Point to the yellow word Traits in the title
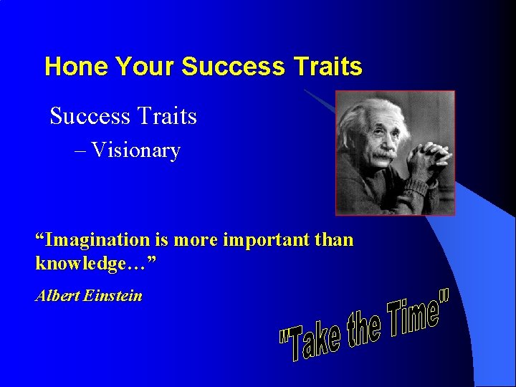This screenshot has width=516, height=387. point(328,67)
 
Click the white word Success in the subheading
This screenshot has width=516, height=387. point(87,115)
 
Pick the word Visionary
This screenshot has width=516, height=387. point(135,150)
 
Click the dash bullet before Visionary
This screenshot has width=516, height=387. point(80,150)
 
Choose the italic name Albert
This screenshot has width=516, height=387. point(57,295)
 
